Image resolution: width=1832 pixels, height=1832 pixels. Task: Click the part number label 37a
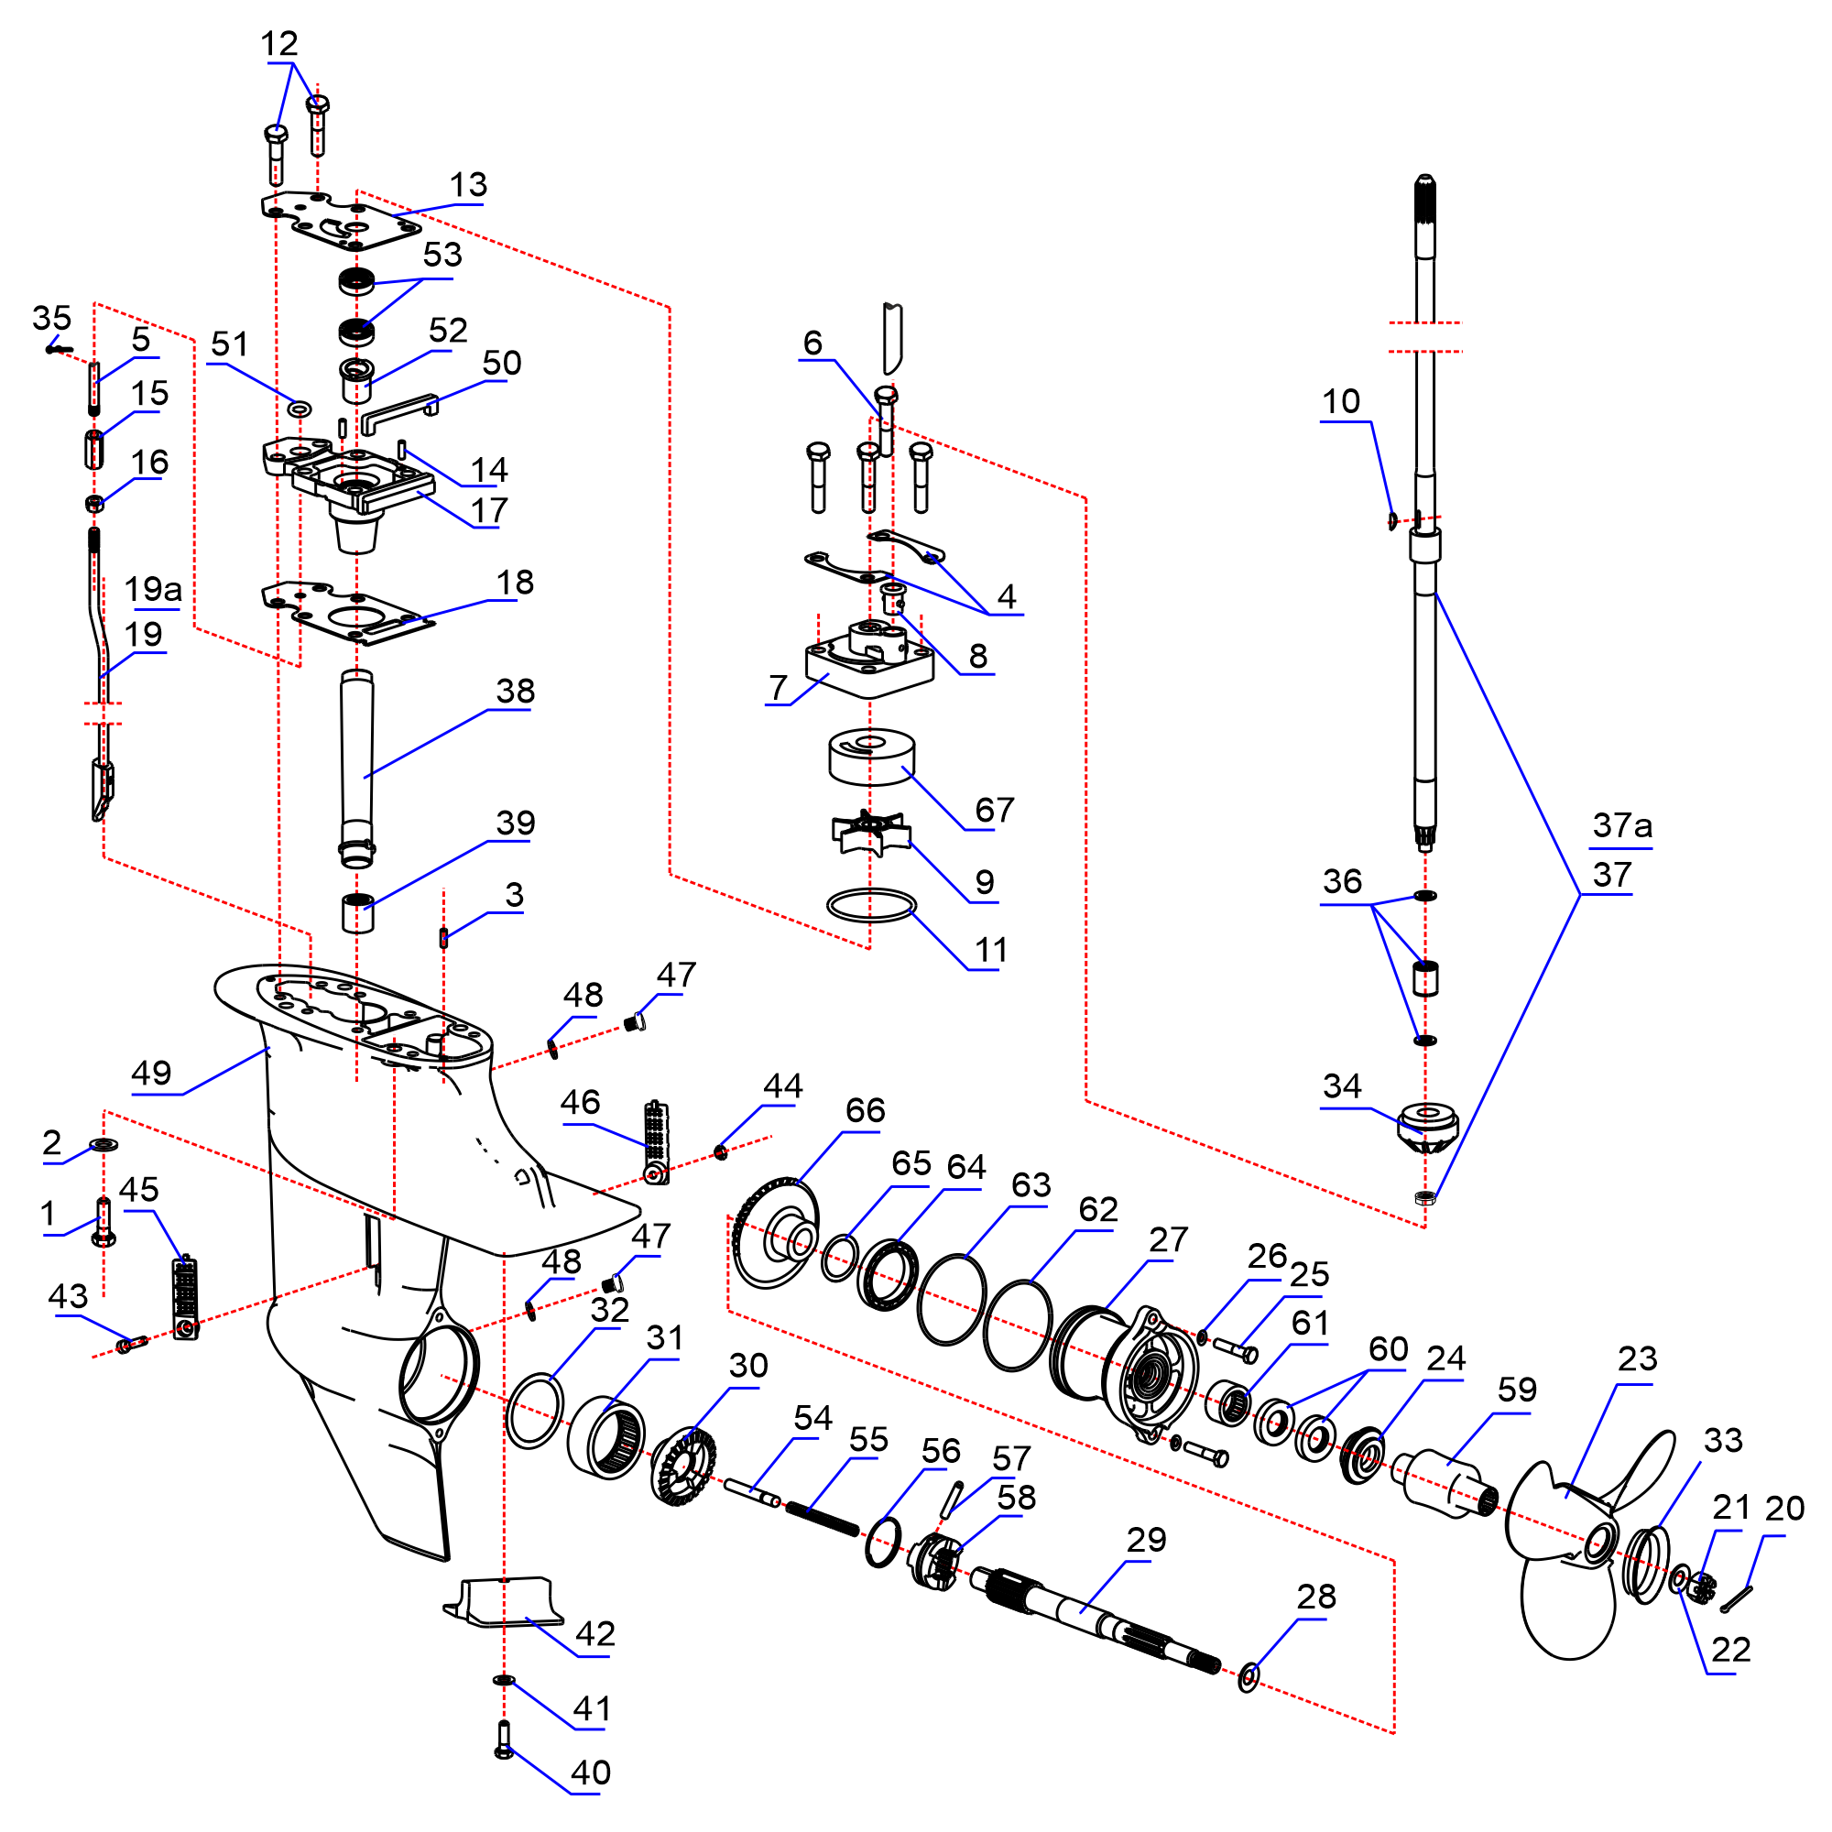(1622, 826)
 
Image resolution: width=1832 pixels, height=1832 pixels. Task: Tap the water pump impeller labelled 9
(870, 833)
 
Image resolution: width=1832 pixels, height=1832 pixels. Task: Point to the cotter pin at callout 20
(1736, 1598)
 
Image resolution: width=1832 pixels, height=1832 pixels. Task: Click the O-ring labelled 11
(871, 906)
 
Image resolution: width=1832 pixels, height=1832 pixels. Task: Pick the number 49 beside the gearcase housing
(152, 1073)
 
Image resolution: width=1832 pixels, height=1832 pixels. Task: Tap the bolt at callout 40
(504, 1741)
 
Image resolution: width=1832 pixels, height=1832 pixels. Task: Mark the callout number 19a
(153, 589)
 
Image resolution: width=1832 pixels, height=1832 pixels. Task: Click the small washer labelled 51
(299, 409)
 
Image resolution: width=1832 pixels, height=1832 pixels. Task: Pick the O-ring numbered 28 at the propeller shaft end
(1249, 1676)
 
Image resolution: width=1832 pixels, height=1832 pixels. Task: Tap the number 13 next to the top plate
(468, 185)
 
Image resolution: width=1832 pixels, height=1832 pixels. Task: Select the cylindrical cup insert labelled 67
(871, 757)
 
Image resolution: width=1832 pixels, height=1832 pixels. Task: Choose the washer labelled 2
(104, 1144)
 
